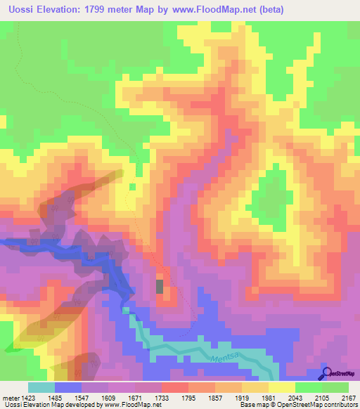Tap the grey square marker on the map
click(160, 286)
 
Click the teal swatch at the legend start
click(41, 387)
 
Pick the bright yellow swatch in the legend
click(281, 387)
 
